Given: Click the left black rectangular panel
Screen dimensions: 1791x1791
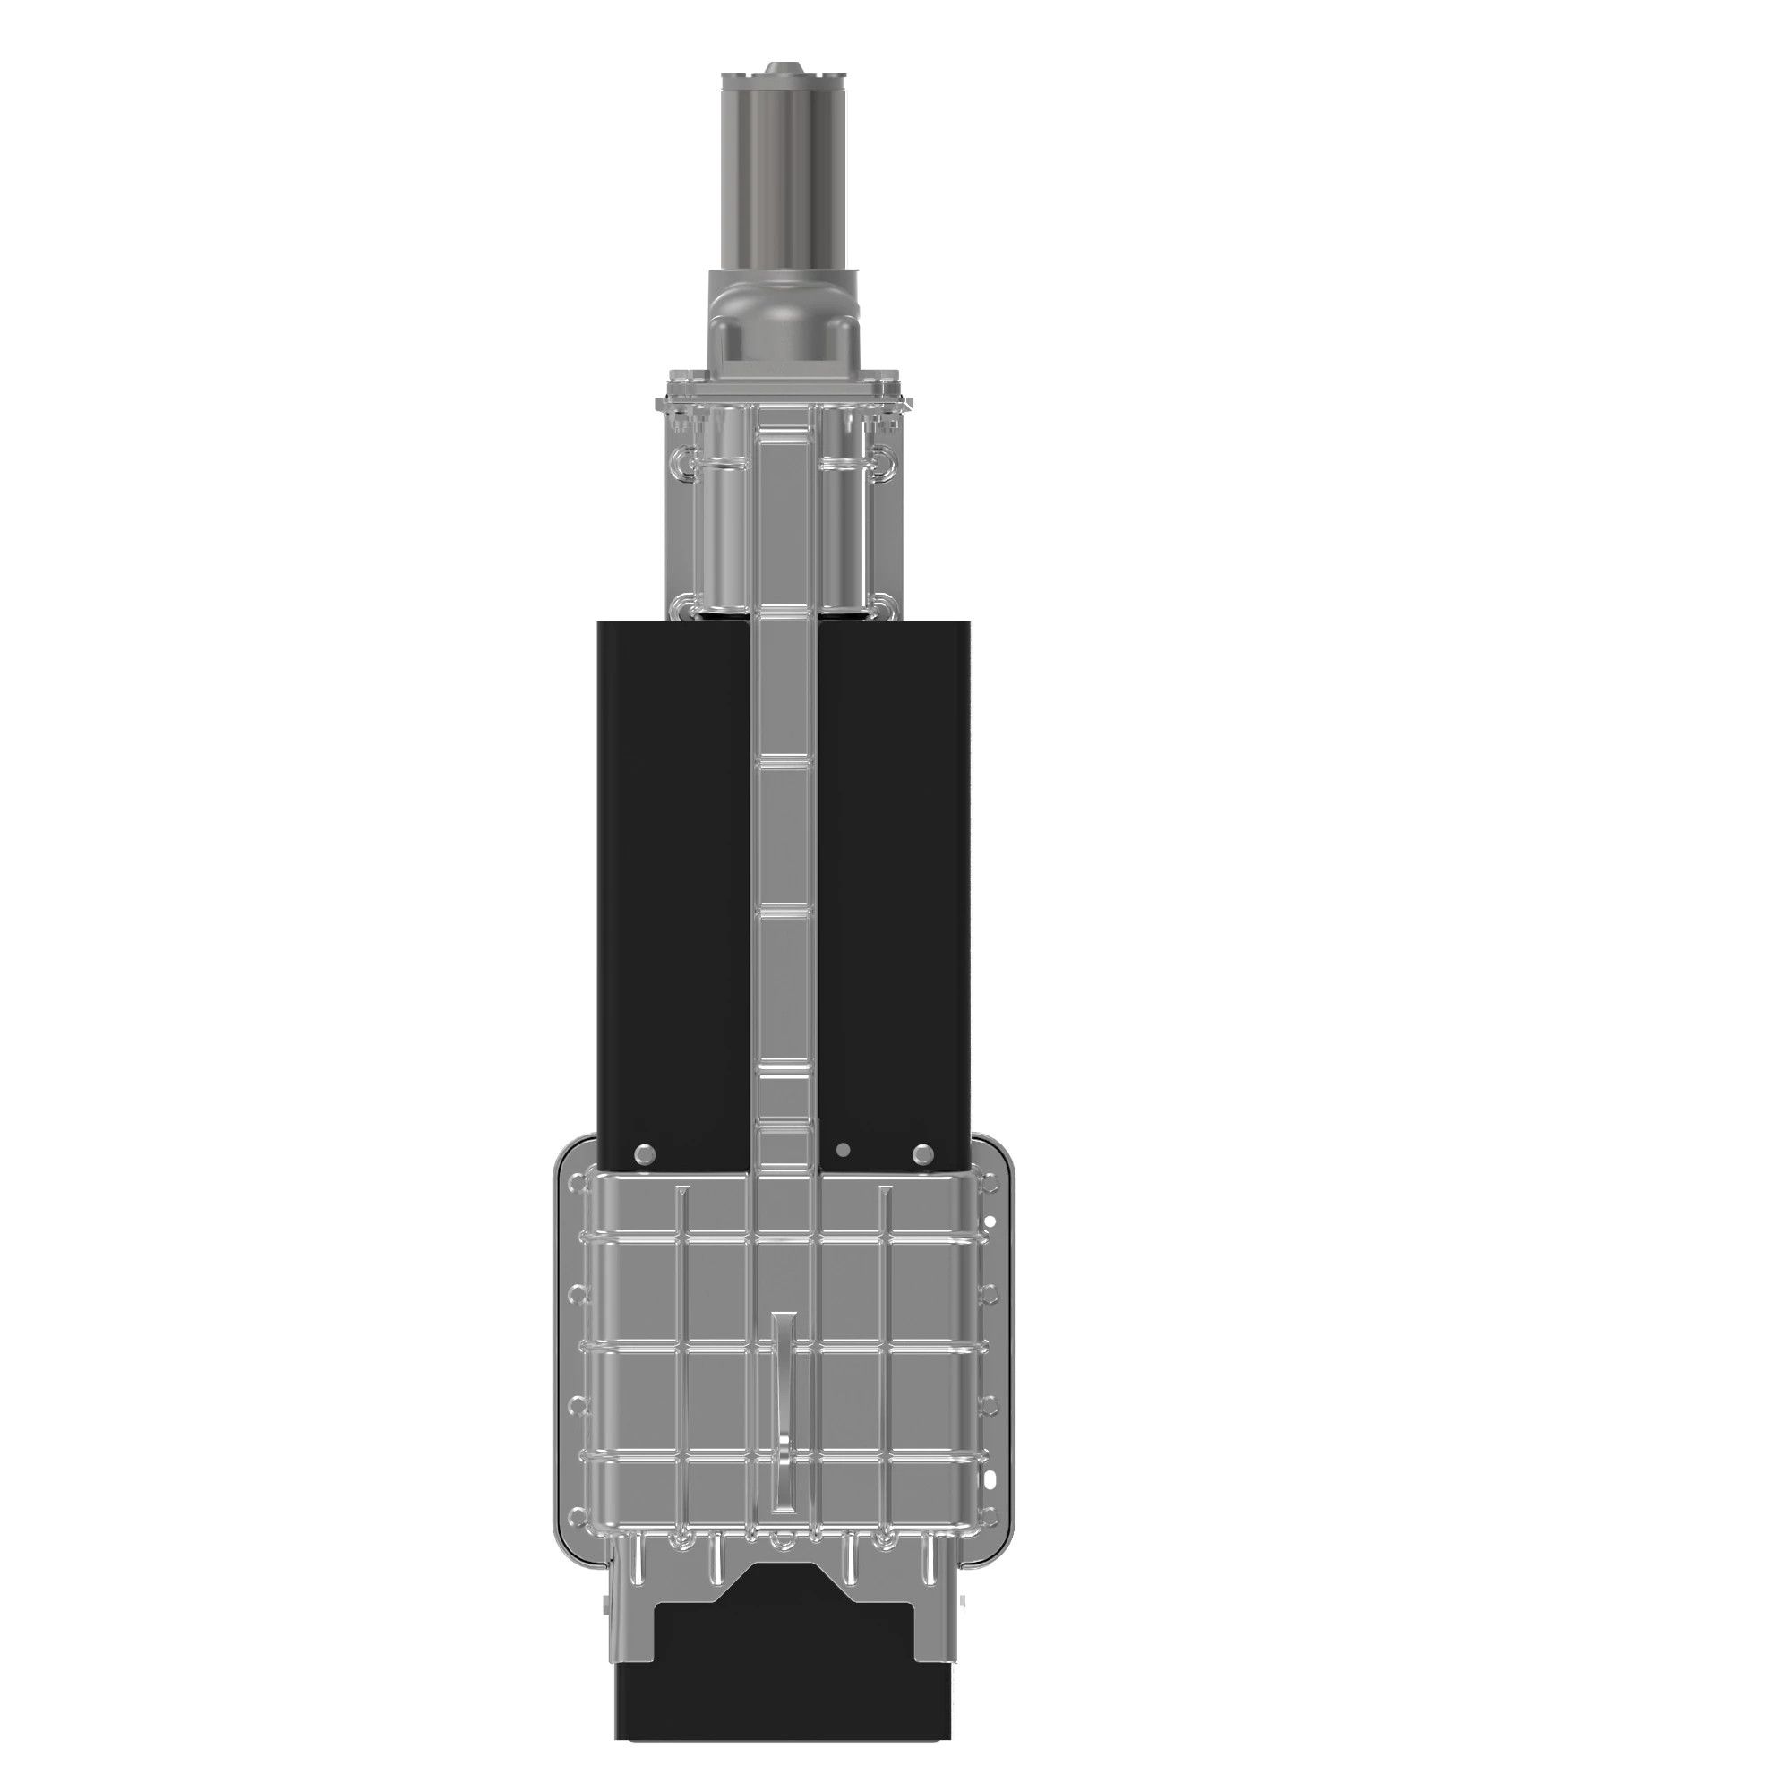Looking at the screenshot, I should click(x=673, y=880).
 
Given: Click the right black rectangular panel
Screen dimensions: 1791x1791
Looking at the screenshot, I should click(x=895, y=880).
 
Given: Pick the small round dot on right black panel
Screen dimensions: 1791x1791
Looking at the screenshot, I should click(x=843, y=1151).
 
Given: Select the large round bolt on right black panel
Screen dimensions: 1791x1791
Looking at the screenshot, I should click(x=923, y=1154).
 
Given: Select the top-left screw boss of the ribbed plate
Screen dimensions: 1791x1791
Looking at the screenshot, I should click(x=580, y=1184).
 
